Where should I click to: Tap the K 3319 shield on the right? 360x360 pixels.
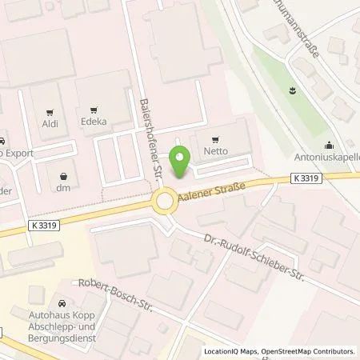[x=306, y=180]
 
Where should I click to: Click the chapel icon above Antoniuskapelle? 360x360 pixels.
[x=330, y=145]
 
